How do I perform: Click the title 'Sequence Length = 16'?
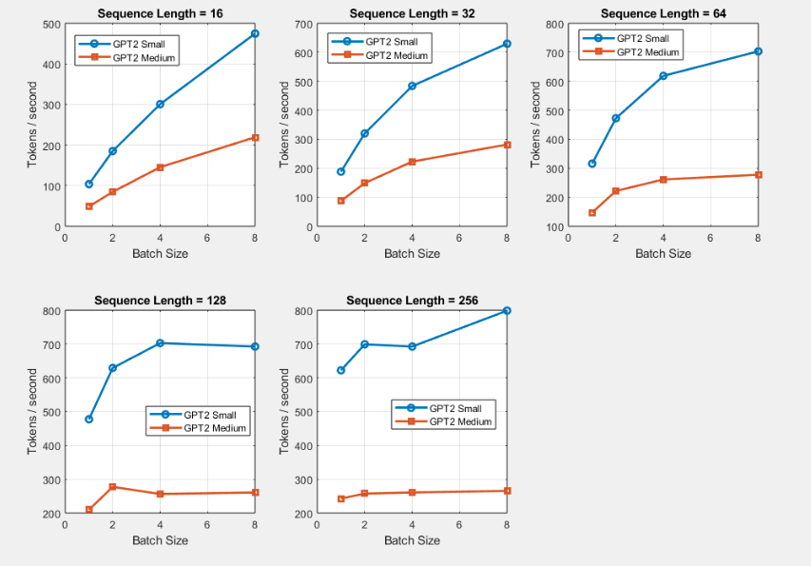[159, 12]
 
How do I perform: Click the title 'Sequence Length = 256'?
[411, 300]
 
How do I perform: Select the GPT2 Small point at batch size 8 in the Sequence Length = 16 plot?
[255, 33]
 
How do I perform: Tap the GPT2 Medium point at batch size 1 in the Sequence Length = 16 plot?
[88, 206]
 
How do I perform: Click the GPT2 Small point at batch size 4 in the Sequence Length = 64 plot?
[663, 76]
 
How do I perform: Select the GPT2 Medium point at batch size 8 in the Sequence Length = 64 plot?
[758, 175]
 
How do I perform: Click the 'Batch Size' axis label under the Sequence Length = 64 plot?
[663, 254]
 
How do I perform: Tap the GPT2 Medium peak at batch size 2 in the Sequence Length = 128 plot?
[112, 487]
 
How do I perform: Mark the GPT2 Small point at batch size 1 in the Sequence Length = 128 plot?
[88, 420]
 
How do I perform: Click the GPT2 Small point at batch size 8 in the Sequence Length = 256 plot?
[507, 311]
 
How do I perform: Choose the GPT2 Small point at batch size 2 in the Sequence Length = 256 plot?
[364, 344]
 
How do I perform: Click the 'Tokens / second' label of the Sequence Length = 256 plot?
[284, 411]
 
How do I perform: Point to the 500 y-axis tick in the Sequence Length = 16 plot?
[50, 23]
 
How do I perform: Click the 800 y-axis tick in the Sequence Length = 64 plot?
[554, 23]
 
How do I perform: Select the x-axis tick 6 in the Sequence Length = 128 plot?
[207, 524]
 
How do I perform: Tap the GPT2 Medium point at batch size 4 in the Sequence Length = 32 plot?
[412, 162]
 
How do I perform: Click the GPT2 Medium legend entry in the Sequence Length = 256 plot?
[461, 421]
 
